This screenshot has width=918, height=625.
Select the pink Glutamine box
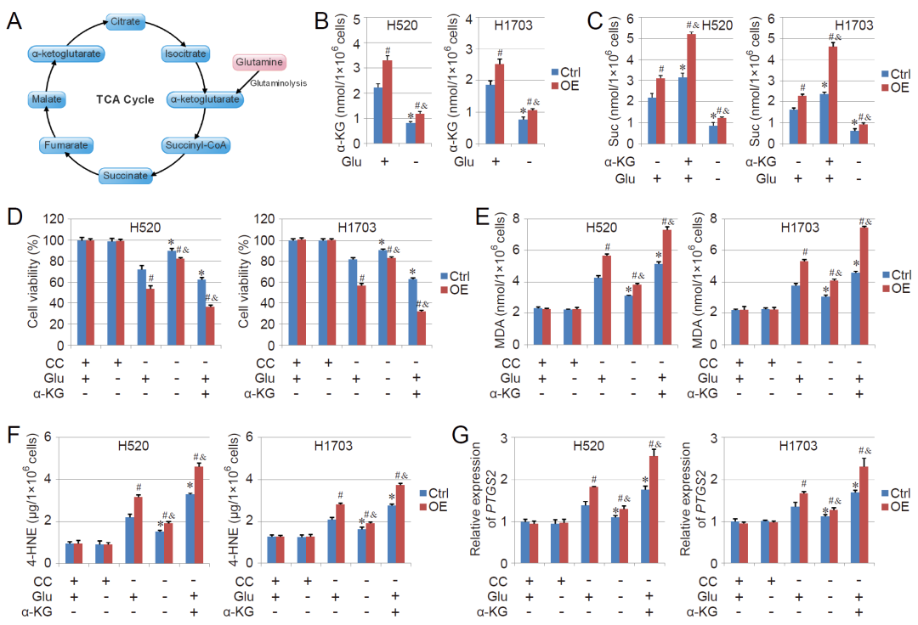coord(260,62)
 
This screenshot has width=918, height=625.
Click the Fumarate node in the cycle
coord(65,146)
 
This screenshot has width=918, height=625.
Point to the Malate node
coord(44,100)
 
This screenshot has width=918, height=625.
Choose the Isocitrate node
coord(184,53)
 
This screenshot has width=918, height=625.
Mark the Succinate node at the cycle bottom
coord(126,176)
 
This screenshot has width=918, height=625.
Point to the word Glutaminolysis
coord(278,83)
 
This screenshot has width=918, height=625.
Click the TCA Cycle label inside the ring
coord(125,99)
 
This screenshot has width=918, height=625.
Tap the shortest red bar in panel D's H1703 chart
coord(419,329)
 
